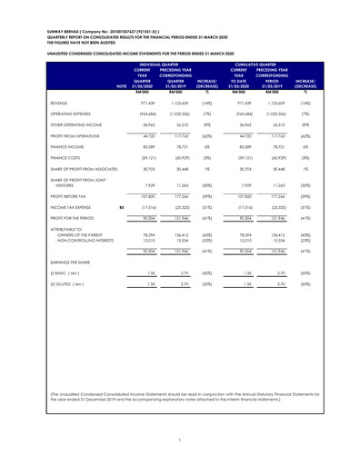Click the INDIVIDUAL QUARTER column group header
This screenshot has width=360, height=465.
pos(178,64)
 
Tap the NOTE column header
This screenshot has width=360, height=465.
pos(111,86)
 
